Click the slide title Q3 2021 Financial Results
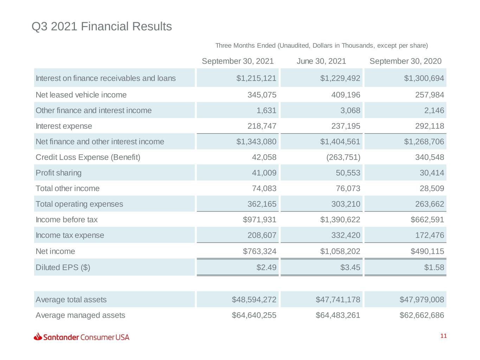pyautogui.click(x=102, y=26)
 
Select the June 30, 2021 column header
pyautogui.click(x=321, y=61)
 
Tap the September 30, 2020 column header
pyautogui.click(x=405, y=61)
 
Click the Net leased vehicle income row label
pyautogui.click(x=81, y=95)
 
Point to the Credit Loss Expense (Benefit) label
pyautogui.click(x=88, y=157)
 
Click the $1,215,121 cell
pyautogui.click(x=256, y=78)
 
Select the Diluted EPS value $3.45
pyautogui.click(x=350, y=267)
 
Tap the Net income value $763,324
pyautogui.click(x=260, y=251)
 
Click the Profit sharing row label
pyautogui.click(x=59, y=173)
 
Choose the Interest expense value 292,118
pyautogui.click(x=430, y=126)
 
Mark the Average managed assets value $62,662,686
pyautogui.click(x=422, y=315)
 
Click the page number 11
pyautogui.click(x=443, y=336)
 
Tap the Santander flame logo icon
pyautogui.click(x=38, y=336)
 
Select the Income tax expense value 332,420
pyautogui.click(x=346, y=235)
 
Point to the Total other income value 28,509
pyautogui.click(x=432, y=188)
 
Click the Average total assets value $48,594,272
pyautogui.click(x=254, y=300)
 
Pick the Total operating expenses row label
pyautogui.click(x=79, y=204)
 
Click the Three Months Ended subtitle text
pyautogui.click(x=322, y=45)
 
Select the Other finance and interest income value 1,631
pyautogui.click(x=266, y=110)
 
